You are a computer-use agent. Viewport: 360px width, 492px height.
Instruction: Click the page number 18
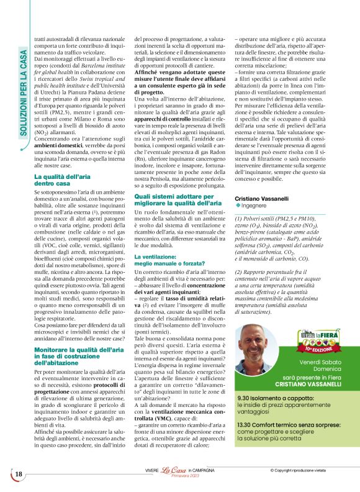[x=19, y=475]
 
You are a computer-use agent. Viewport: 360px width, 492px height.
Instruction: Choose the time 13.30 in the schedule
[x=246, y=424]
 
